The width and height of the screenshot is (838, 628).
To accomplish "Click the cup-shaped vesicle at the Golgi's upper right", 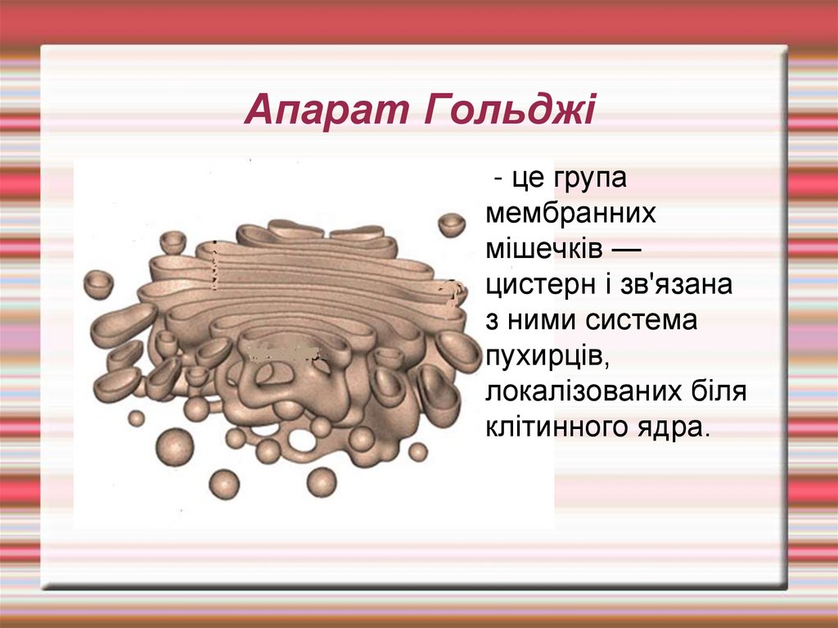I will click(451, 224).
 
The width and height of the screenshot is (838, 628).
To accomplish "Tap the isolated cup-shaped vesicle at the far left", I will click(99, 283).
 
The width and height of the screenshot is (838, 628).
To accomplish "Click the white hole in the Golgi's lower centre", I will click(301, 440).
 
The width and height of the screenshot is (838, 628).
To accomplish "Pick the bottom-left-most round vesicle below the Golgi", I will click(223, 484).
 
